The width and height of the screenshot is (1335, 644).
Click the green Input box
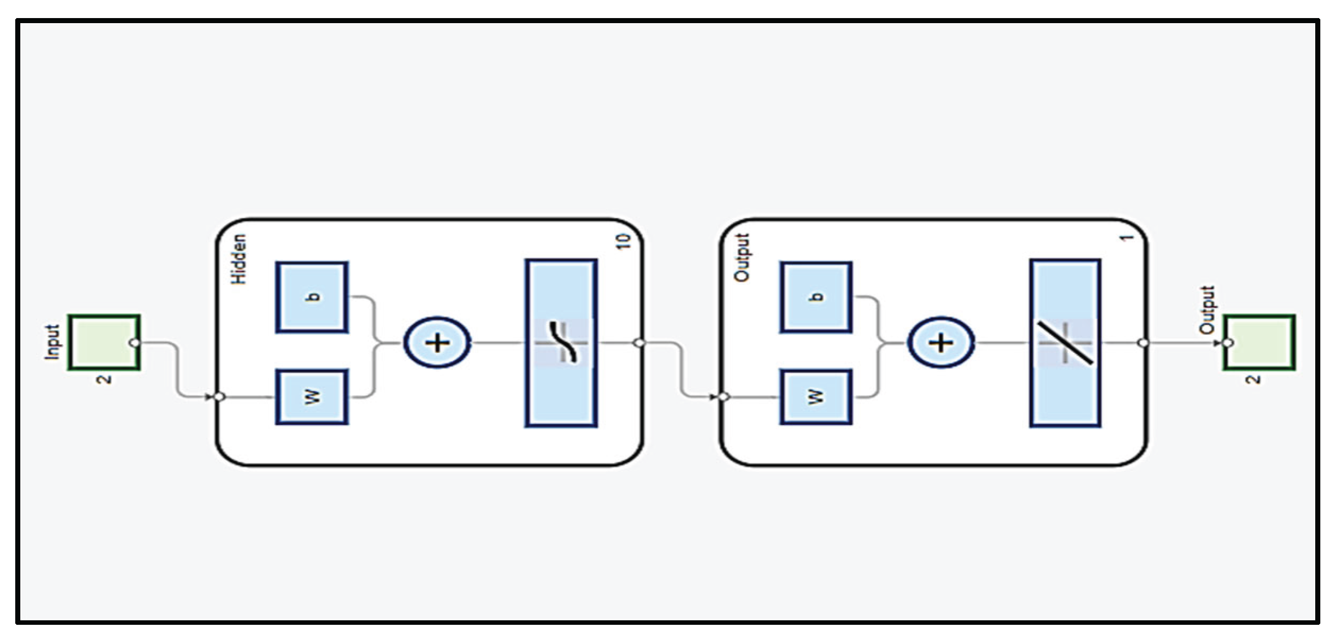click(104, 342)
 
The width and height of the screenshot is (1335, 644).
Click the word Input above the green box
click(52, 342)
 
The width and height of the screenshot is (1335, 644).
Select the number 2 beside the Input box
click(105, 379)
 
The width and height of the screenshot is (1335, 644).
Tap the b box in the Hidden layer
click(312, 297)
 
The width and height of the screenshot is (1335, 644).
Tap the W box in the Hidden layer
click(312, 397)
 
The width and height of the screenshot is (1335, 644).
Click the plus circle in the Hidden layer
click(437, 343)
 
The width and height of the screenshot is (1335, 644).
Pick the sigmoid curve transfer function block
click(561, 343)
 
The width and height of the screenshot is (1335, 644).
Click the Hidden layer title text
click(239, 259)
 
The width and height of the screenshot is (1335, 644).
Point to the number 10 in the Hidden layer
click(623, 242)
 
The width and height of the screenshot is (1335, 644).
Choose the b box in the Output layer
click(816, 297)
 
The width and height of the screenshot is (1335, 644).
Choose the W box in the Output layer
click(816, 397)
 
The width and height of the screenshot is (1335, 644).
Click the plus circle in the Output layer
click(941, 343)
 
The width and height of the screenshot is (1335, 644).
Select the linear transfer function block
click(1065, 343)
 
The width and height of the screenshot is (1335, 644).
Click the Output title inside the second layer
click(742, 257)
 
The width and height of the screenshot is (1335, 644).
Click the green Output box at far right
click(1259, 342)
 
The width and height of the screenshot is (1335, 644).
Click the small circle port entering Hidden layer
click(220, 397)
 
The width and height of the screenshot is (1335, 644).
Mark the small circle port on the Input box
click(135, 343)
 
